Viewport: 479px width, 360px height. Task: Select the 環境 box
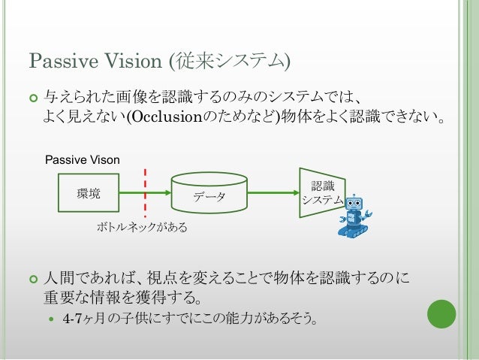pyautogui.click(x=89, y=195)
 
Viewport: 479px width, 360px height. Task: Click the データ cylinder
pyautogui.click(x=209, y=194)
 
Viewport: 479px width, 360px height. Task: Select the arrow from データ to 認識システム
pyautogui.click(x=273, y=194)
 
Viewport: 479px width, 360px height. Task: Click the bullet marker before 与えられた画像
pyautogui.click(x=32, y=98)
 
